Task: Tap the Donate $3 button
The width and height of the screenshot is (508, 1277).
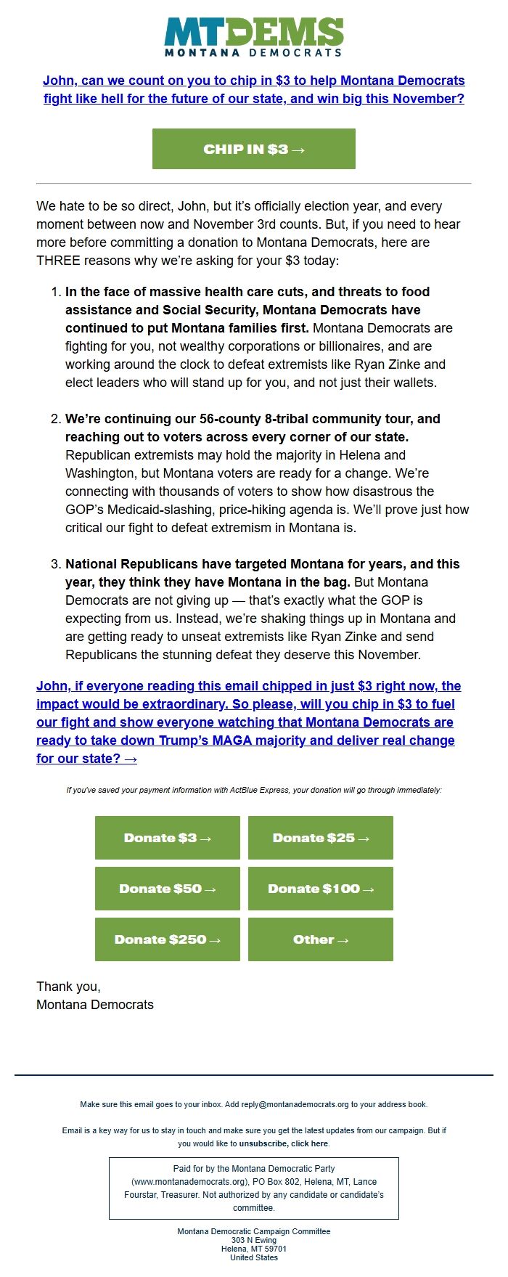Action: pos(168,838)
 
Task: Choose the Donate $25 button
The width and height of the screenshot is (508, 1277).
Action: pos(321,838)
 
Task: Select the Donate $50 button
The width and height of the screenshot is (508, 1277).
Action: pos(168,889)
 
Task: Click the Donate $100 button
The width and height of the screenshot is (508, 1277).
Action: pos(321,889)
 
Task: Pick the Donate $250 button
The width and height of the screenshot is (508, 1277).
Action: pos(168,939)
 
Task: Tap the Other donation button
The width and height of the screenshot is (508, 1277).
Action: pos(321,939)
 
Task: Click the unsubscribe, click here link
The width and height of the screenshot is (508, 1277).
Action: pos(284,1143)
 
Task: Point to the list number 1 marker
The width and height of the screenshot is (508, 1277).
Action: pos(56,292)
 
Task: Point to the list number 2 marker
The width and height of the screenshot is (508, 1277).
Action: pos(56,419)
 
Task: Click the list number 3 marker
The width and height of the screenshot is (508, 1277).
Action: pos(56,564)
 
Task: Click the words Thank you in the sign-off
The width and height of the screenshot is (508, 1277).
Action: pos(68,987)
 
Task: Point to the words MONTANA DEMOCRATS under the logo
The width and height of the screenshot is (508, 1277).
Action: pos(253,52)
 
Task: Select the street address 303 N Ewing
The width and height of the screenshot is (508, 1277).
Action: pos(254,1240)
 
